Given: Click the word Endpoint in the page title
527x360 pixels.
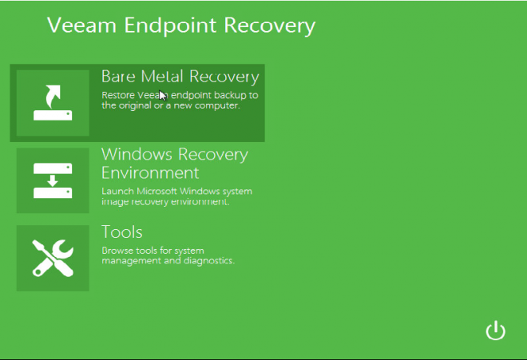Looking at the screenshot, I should click(x=164, y=26).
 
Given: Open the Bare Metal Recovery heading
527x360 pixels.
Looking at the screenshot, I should click(x=180, y=77).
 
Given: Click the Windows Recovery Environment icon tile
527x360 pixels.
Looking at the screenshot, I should click(x=53, y=180).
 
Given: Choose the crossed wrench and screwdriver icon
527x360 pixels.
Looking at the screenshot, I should click(x=53, y=258).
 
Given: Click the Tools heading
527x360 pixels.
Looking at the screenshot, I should click(x=122, y=231).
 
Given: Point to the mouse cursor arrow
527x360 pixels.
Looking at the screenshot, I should click(x=163, y=95).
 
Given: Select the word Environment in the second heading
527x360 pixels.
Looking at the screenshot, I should click(x=150, y=172).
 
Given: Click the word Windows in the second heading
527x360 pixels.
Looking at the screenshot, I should click(x=135, y=154).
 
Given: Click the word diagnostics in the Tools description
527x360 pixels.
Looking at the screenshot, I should click(x=209, y=260).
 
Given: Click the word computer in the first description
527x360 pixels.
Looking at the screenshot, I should click(x=217, y=105).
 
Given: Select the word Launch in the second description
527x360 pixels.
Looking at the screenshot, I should click(x=117, y=192).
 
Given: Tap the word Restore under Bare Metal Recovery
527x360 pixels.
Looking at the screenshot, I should click(x=118, y=95).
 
